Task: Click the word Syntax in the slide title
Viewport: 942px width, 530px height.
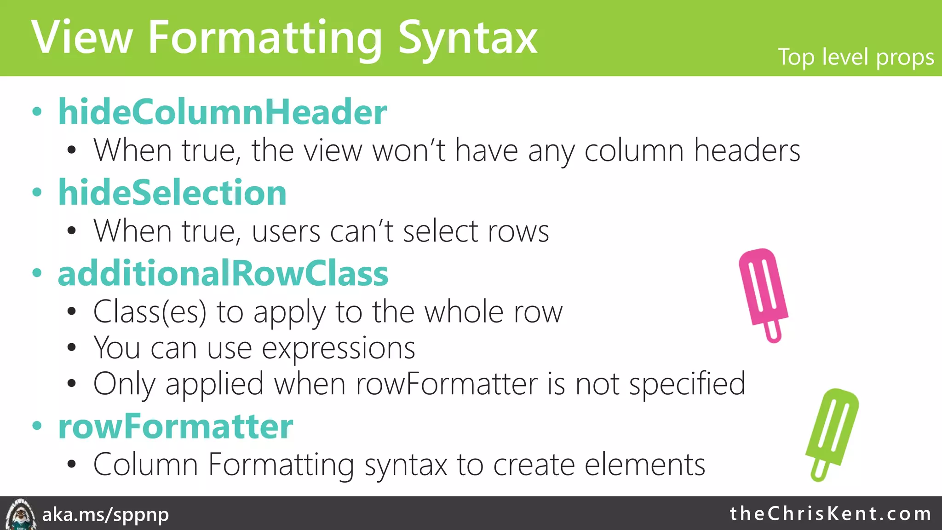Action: click(x=467, y=39)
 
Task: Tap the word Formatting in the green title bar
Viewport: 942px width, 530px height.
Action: click(x=264, y=39)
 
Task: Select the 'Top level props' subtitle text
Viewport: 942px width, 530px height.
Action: click(x=856, y=58)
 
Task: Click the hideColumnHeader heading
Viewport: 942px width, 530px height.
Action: click(x=222, y=112)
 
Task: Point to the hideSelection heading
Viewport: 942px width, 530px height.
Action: click(x=172, y=192)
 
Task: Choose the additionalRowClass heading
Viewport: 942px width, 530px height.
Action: click(x=223, y=273)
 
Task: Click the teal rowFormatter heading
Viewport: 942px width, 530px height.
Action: click(x=175, y=426)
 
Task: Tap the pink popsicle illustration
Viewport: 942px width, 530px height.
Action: click(x=763, y=288)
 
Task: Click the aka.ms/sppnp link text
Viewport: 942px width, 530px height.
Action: click(x=105, y=514)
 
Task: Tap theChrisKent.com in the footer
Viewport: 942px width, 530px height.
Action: click(x=831, y=513)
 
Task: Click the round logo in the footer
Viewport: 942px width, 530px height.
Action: click(x=20, y=514)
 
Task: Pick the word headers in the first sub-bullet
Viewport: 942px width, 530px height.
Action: click(x=747, y=150)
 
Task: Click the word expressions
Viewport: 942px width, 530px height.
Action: click(x=339, y=348)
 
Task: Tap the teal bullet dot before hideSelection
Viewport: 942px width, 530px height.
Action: click(x=37, y=192)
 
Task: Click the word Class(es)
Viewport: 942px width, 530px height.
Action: click(x=149, y=312)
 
